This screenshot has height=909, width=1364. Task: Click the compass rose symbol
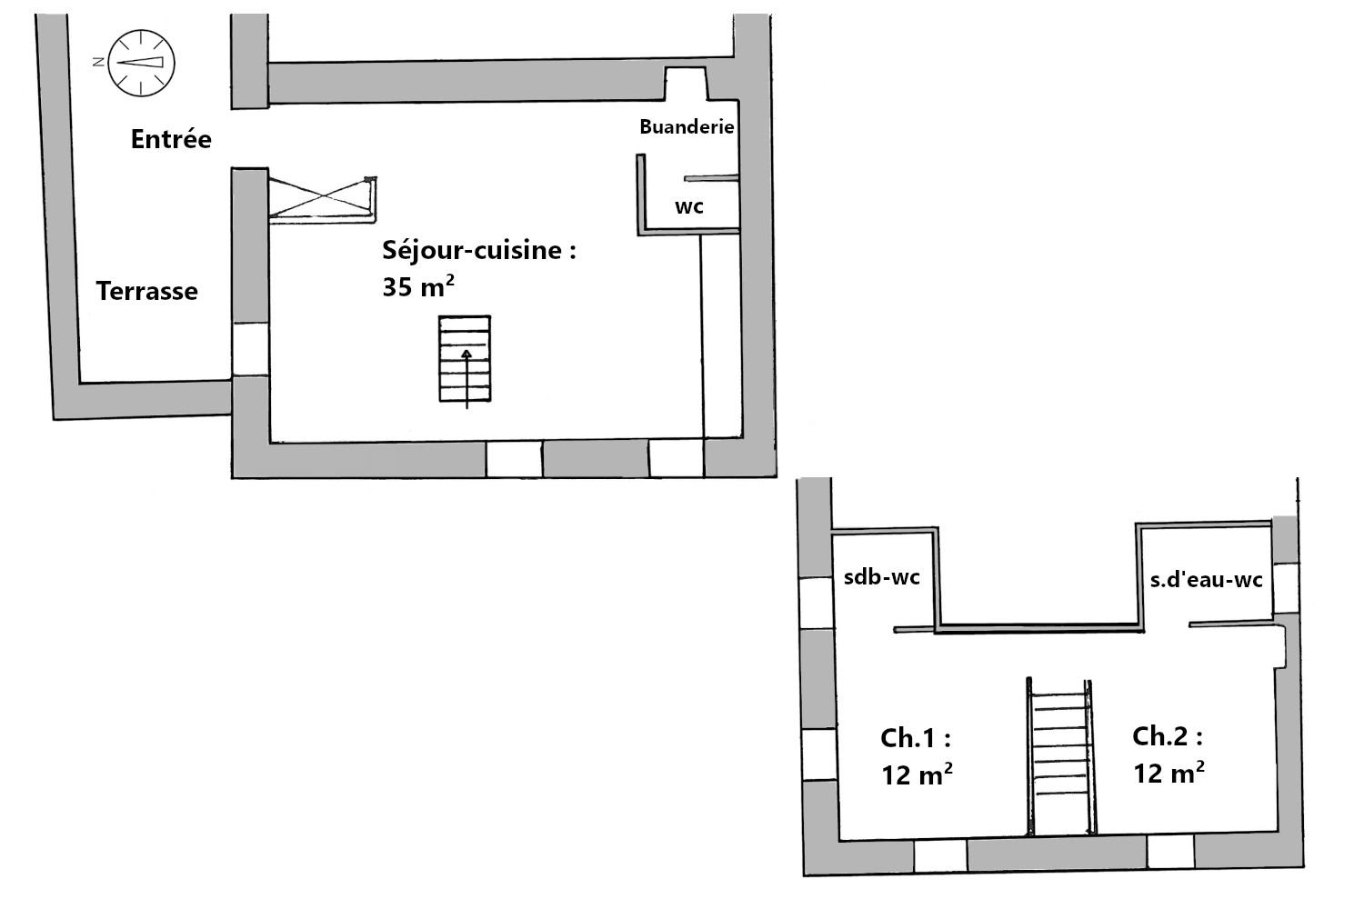(141, 63)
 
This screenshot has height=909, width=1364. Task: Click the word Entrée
(171, 139)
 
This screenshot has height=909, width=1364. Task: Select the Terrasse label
(146, 291)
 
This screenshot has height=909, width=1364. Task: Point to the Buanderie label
(687, 126)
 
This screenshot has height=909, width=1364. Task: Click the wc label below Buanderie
(688, 207)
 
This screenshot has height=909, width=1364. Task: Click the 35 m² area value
(417, 286)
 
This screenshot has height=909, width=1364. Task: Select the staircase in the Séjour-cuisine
(465, 359)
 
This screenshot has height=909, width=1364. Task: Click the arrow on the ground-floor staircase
(466, 379)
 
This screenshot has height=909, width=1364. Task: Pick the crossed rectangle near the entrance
(323, 197)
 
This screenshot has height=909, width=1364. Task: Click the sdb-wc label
(881, 576)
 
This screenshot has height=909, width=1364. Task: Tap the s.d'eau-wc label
(1206, 579)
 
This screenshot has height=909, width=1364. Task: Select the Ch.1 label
(915, 738)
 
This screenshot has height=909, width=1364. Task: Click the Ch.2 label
(1168, 736)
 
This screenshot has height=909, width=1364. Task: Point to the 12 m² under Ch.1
(917, 774)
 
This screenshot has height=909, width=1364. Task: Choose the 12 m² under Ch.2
(1168, 773)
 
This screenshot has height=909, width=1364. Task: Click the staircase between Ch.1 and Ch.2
(1060, 756)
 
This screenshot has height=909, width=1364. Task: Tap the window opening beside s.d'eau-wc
(1285, 588)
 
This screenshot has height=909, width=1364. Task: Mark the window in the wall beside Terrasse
(250, 349)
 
